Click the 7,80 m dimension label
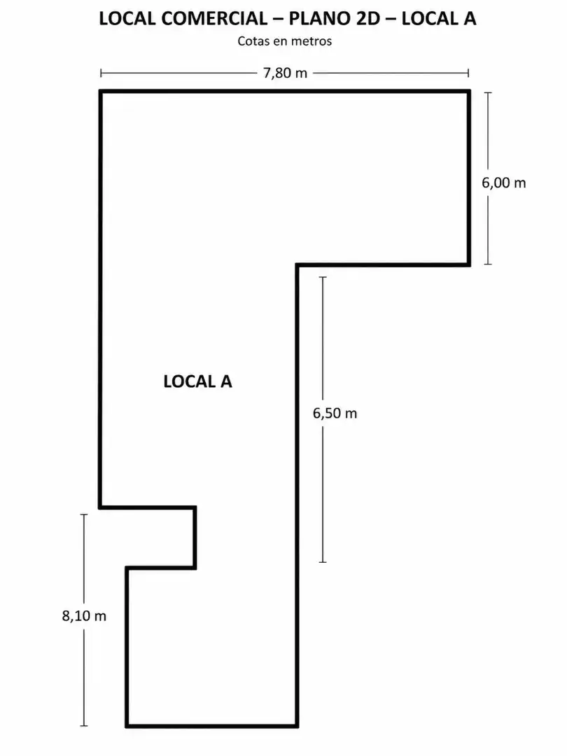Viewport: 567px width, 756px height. [x=285, y=73]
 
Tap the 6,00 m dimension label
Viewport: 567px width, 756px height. [x=504, y=183]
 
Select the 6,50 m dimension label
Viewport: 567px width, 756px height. [x=335, y=413]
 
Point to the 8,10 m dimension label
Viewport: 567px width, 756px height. [x=85, y=616]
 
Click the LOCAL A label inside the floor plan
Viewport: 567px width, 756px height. [x=197, y=381]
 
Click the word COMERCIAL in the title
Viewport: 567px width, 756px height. [x=214, y=18]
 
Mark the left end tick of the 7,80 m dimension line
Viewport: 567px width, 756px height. [x=101, y=73]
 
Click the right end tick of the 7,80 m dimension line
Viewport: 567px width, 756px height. [x=468, y=73]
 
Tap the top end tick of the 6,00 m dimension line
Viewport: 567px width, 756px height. [x=488, y=92]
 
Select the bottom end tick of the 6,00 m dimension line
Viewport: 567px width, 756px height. [x=488, y=264]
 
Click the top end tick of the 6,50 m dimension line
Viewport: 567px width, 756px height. [x=323, y=277]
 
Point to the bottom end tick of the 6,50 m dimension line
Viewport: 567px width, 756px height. [x=323, y=561]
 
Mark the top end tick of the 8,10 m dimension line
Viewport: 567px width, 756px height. [x=84, y=515]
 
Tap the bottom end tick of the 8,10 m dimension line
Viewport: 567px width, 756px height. [x=84, y=725]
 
